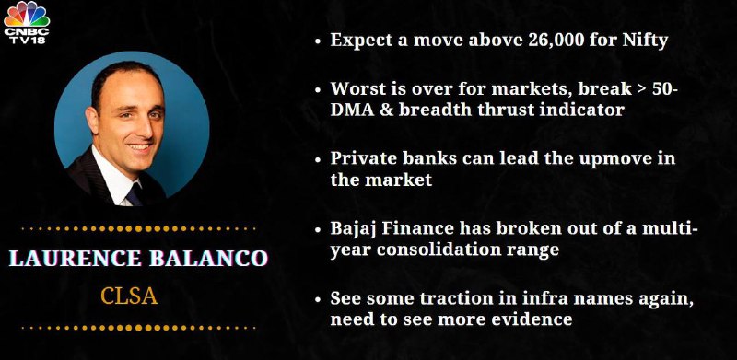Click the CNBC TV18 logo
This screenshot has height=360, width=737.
tap(27, 23)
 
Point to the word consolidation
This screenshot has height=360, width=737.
tap(431, 250)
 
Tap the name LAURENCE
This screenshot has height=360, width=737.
tap(76, 259)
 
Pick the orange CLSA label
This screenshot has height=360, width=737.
tap(129, 296)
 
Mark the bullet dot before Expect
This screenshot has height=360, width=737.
tap(318, 41)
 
